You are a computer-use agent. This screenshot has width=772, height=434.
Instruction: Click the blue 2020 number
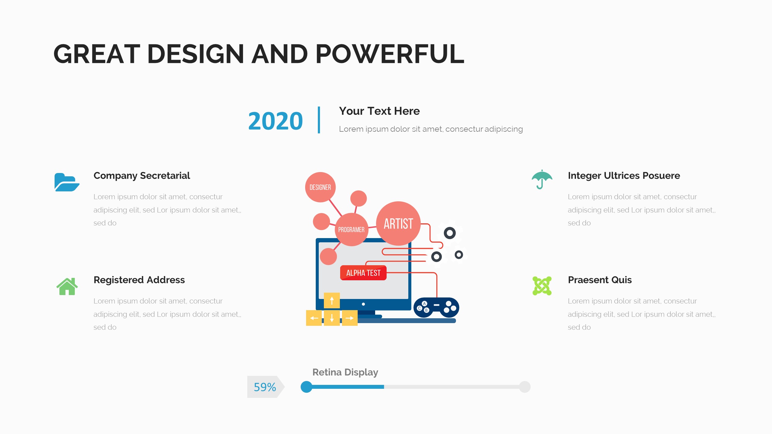tap(275, 121)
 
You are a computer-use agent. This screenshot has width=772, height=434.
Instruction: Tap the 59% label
tap(265, 387)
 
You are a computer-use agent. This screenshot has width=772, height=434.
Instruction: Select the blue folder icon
tap(67, 182)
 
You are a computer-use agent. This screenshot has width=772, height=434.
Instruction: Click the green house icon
tap(67, 286)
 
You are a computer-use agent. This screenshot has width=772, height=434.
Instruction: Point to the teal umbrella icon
tap(542, 179)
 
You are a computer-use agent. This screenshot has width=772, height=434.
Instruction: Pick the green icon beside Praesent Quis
tap(542, 286)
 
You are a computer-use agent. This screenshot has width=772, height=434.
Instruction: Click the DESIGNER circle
tap(320, 187)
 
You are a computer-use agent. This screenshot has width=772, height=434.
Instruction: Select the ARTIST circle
tap(398, 223)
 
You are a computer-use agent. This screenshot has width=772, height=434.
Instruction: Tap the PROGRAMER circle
tap(351, 230)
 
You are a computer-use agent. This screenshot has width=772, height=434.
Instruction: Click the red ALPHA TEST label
tap(363, 273)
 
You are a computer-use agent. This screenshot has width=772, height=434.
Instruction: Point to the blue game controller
tap(436, 307)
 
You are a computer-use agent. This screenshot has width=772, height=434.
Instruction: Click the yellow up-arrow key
tap(332, 300)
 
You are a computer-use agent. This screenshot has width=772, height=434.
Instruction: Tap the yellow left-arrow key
tap(314, 318)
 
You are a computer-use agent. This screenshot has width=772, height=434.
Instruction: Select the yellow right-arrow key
tap(350, 318)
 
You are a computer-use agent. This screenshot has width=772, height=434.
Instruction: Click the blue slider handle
tap(307, 387)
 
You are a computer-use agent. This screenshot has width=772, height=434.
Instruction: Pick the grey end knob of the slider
tap(525, 387)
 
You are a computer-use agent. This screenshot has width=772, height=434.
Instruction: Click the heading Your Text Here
tap(379, 111)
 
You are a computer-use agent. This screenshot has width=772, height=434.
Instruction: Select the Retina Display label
tap(345, 372)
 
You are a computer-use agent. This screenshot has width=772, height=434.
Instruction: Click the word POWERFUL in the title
tap(390, 54)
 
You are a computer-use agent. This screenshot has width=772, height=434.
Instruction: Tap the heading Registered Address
tap(139, 280)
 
